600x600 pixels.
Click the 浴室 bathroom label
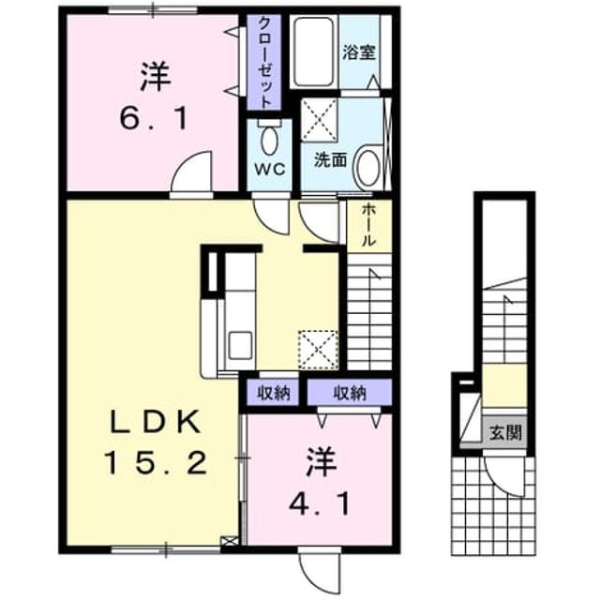(x=358, y=52)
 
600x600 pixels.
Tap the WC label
(x=270, y=169)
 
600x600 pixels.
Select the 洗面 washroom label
(x=331, y=160)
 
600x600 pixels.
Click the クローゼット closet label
(x=264, y=63)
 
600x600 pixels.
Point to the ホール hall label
(x=368, y=225)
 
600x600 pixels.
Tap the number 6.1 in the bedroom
(x=154, y=118)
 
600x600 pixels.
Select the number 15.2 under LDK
(x=157, y=462)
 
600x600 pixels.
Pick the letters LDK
(x=156, y=422)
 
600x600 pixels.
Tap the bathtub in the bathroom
(x=313, y=52)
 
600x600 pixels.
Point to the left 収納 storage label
(x=273, y=392)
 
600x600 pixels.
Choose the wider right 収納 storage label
(x=350, y=392)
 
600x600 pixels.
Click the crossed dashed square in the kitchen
(x=319, y=350)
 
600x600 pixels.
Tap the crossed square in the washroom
(x=319, y=119)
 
